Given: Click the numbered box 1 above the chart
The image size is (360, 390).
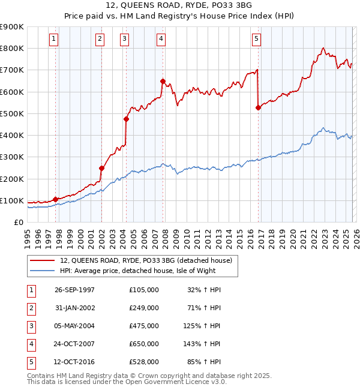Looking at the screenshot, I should pos(54,40).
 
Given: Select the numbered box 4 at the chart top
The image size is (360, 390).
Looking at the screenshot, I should pos(161,40).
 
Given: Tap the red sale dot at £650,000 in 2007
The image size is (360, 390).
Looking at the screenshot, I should pos(163,81).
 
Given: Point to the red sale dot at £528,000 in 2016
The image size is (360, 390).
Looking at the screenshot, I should pos(258,108).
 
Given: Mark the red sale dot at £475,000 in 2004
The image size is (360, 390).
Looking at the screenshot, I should pos(126,119).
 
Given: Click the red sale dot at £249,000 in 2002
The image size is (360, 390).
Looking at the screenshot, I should pos(101,169).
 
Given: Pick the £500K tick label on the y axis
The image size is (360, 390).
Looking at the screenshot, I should pos(12,113).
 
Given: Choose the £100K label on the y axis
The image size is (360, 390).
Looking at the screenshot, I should pos(12,200).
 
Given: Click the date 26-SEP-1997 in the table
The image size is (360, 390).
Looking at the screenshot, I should pos(74,290).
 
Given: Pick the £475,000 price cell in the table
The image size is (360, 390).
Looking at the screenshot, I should pos(144,326).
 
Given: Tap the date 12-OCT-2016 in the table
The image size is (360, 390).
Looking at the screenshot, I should pos(74,362).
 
